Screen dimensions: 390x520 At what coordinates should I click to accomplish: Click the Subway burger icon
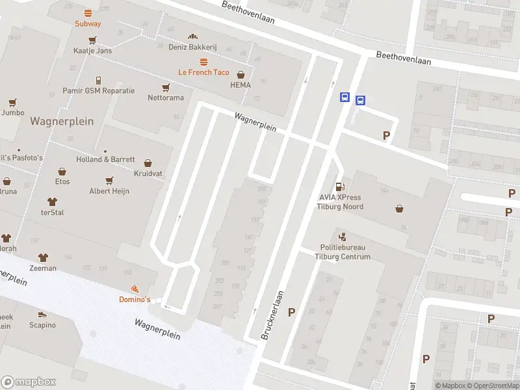pyautogui.click(x=87, y=13)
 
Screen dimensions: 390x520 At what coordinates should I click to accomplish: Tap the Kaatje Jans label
pyautogui.click(x=92, y=50)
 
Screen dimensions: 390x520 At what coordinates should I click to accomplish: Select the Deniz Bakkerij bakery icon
pyautogui.click(x=192, y=36)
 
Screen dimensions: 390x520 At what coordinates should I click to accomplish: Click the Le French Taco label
pyautogui.click(x=203, y=72)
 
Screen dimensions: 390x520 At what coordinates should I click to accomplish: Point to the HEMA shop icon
pyautogui.click(x=241, y=75)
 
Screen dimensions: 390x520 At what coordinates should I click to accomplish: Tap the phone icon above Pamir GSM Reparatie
pyautogui.click(x=98, y=80)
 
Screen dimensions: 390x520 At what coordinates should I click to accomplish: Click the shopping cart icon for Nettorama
pyautogui.click(x=165, y=87)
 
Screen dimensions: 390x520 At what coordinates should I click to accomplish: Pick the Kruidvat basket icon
pyautogui.click(x=148, y=164)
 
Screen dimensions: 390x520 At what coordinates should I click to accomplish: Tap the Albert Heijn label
pyautogui.click(x=109, y=191)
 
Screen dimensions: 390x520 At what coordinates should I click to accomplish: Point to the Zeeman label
pyautogui.click(x=43, y=268)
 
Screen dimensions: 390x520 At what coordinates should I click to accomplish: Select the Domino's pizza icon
pyautogui.click(x=135, y=289)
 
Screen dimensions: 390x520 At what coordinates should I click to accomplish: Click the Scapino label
pyautogui.click(x=42, y=325)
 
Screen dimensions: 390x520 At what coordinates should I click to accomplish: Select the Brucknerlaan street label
pyautogui.click(x=273, y=315)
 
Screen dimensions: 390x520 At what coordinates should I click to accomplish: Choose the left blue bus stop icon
pyautogui.click(x=344, y=98)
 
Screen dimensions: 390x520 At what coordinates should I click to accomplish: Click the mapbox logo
pyautogui.click(x=29, y=382)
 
